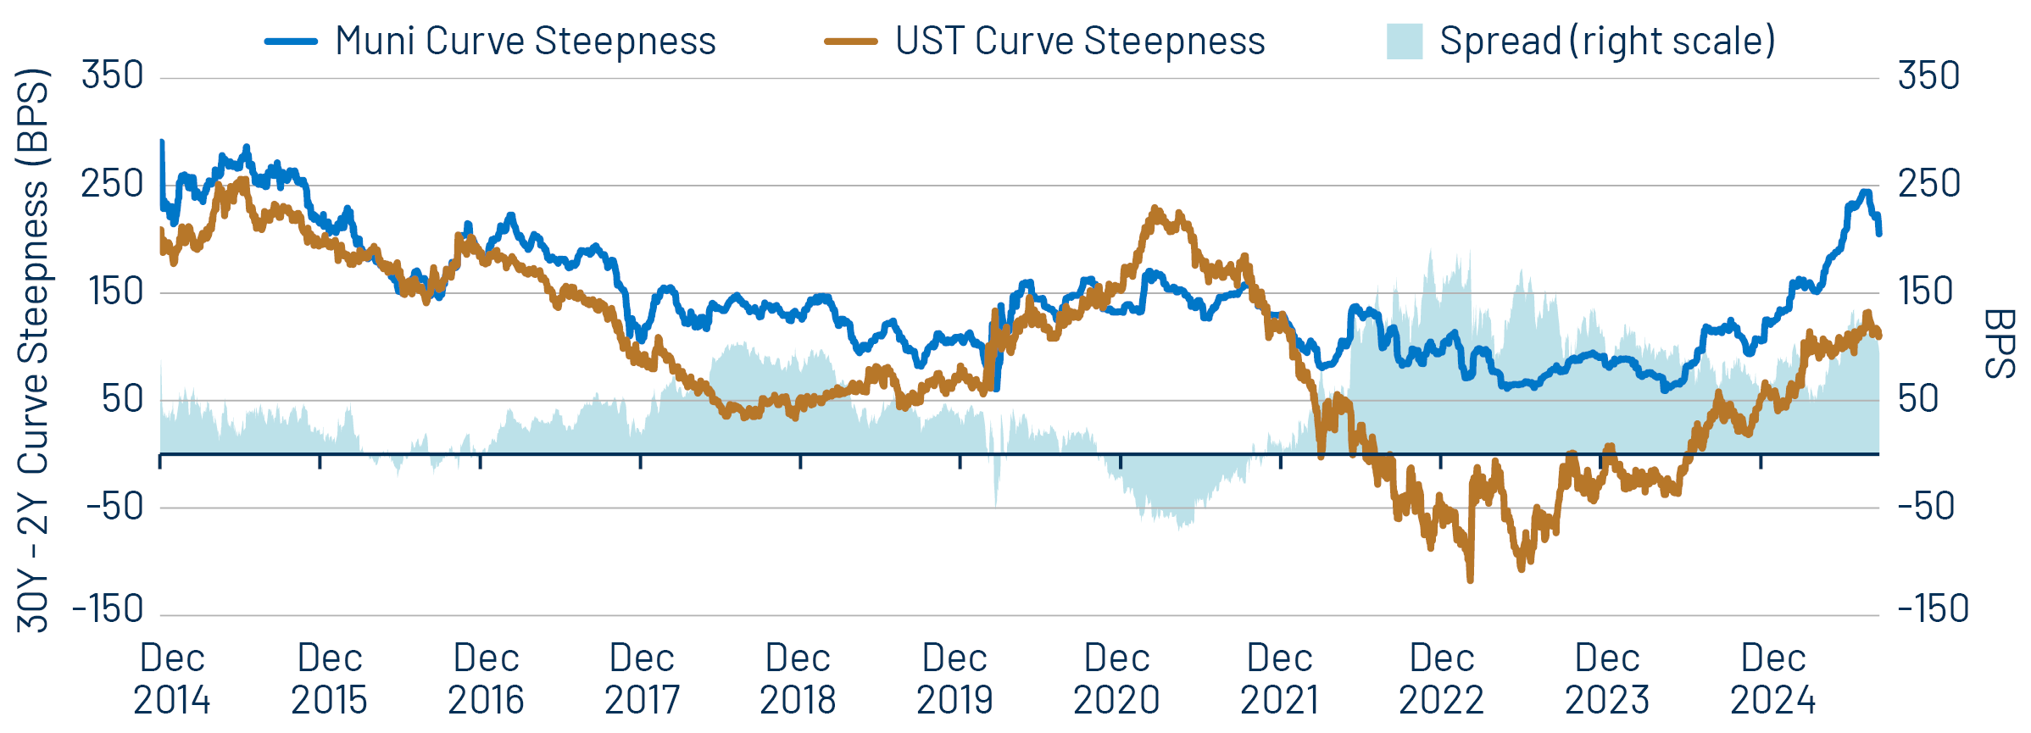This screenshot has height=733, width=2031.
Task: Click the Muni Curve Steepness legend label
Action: [x=526, y=41]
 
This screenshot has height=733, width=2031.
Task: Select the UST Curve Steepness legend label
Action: [x=1080, y=41]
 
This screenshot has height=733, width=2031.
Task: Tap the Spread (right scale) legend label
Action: [x=1607, y=41]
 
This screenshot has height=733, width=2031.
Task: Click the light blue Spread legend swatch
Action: [x=1404, y=42]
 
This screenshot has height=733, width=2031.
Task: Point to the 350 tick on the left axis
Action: [x=113, y=76]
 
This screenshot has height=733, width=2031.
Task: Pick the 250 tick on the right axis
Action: [x=1929, y=184]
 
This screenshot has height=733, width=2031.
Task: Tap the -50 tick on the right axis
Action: [x=1926, y=507]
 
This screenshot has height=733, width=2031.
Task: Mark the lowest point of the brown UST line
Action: [x=1470, y=580]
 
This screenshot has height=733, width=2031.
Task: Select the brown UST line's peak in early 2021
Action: [x=1155, y=208]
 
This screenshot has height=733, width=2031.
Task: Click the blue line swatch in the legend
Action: [x=291, y=42]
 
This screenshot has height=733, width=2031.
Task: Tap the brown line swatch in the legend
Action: [x=850, y=42]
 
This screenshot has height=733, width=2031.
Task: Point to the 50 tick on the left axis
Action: [x=123, y=400]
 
